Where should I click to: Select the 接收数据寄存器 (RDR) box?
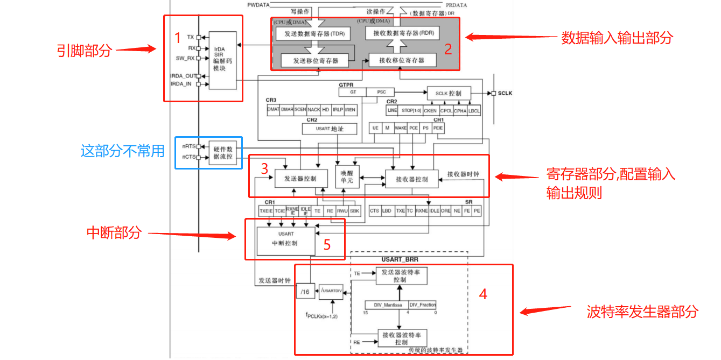(403, 33)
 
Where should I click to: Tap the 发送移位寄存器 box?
(316, 61)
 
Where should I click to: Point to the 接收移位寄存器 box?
(402, 60)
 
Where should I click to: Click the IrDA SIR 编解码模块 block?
(222, 60)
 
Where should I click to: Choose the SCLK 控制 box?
(448, 93)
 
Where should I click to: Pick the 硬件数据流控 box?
(222, 152)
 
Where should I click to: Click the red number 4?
(483, 294)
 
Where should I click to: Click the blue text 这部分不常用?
(122, 151)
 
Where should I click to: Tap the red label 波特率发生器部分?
(642, 312)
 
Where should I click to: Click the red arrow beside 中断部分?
(192, 235)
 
